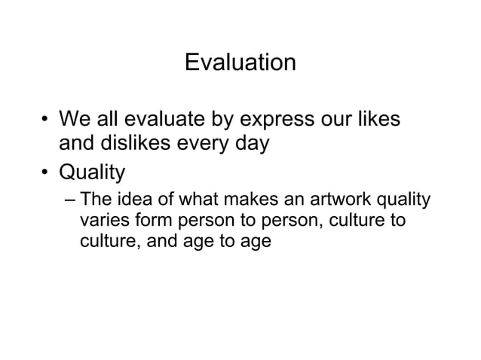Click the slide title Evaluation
240,62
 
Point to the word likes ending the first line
377,120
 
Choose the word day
253,144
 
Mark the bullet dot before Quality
45,173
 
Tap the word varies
100,222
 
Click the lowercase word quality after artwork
404,202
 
